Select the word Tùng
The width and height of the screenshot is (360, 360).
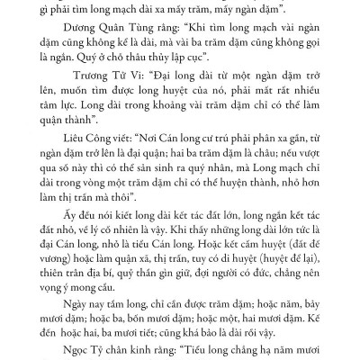tap(122, 28)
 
